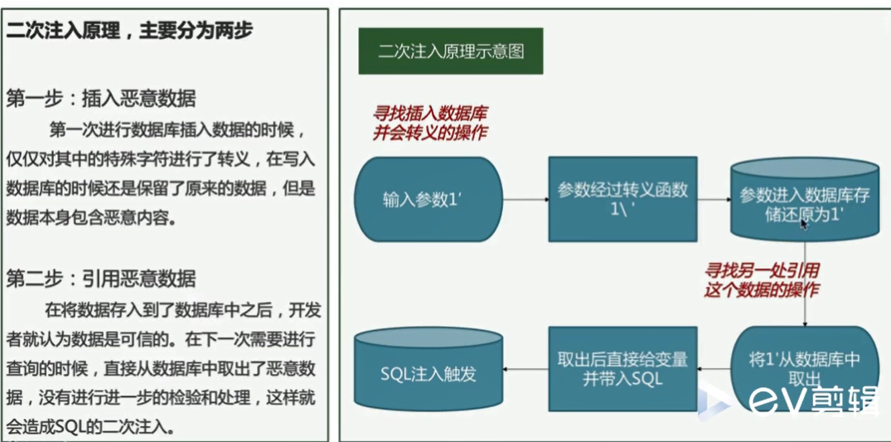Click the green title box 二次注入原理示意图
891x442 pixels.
tap(451, 51)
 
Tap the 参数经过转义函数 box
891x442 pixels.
tap(622, 199)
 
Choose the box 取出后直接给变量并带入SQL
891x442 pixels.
tap(622, 367)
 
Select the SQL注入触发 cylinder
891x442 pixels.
tap(428, 372)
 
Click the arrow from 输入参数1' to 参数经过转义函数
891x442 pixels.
tap(526, 199)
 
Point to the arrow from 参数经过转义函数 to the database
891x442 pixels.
tap(714, 199)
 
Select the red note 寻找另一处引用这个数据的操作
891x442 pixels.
tap(761, 279)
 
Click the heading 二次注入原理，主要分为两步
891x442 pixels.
tap(129, 32)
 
